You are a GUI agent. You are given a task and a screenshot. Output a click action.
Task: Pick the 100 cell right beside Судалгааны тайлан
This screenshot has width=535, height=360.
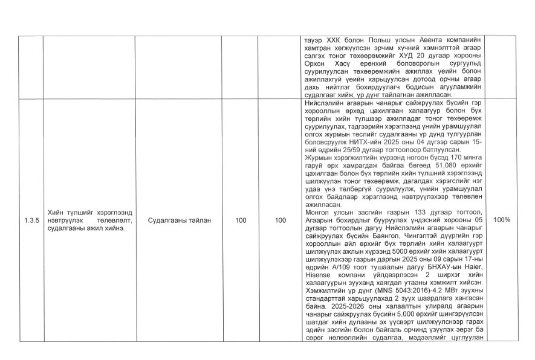(241, 220)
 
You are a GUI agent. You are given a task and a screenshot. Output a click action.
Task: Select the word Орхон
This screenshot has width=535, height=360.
(316, 61)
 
